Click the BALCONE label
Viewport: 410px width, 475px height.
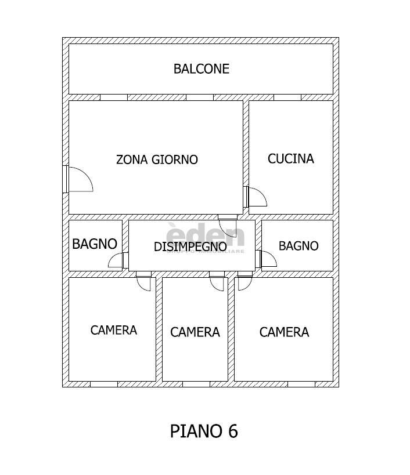(x=202, y=69)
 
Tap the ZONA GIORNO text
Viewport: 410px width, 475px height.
(x=157, y=159)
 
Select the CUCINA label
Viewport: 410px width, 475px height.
(x=290, y=158)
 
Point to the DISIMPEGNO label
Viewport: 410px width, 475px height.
(x=190, y=246)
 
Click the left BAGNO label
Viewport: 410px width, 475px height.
(x=95, y=244)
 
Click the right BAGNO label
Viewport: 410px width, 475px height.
(x=298, y=246)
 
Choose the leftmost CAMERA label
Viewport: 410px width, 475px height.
(x=114, y=330)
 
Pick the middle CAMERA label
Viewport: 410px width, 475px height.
(x=195, y=332)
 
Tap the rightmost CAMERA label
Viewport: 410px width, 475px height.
(x=284, y=332)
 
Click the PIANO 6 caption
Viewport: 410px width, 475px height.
(x=204, y=432)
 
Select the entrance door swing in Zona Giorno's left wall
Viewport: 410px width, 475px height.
(x=80, y=178)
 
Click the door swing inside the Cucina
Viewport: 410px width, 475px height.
(x=256, y=197)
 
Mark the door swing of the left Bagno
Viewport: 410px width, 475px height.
(x=117, y=260)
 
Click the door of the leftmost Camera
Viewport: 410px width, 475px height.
(x=143, y=282)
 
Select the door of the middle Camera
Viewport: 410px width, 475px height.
(x=217, y=283)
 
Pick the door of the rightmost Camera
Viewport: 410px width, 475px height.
(x=244, y=282)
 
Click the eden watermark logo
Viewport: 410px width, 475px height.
(x=206, y=237)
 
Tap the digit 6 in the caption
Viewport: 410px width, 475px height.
(x=232, y=432)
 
